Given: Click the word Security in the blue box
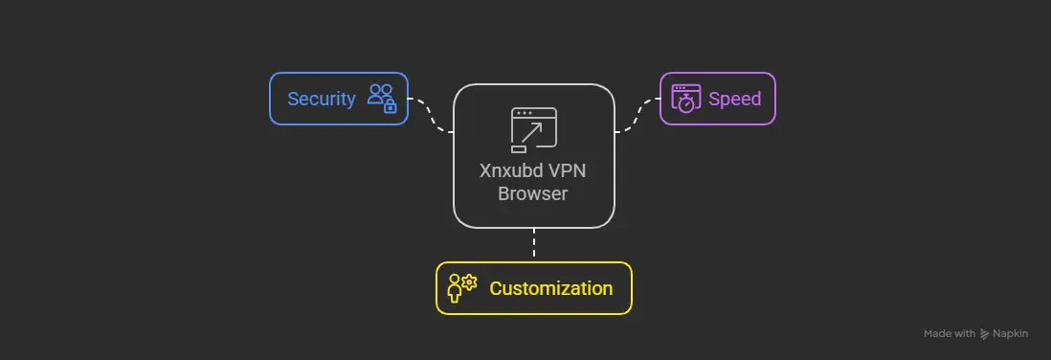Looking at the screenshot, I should pos(322,99).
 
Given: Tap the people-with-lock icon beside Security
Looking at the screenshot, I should pos(381,99).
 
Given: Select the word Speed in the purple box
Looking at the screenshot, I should pos(734,99).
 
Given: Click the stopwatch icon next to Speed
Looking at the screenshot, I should pos(685,99).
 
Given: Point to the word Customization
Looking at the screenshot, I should pos(550,288).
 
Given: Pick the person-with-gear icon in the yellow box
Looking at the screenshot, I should pos(460,288).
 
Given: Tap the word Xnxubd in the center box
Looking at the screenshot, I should pos(513,173).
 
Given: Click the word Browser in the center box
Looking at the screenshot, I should pos(533,193).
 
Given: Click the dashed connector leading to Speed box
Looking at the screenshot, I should pos(637,114).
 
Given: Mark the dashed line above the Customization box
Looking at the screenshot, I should pos(533,244).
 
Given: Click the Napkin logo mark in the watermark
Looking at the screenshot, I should pos(985,334).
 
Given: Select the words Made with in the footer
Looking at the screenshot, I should pos(950,334).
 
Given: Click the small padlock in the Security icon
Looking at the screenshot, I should pos(390,107).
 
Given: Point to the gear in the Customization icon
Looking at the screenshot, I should pos(469,281).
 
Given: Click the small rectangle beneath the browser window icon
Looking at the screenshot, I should pos(519,148).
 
